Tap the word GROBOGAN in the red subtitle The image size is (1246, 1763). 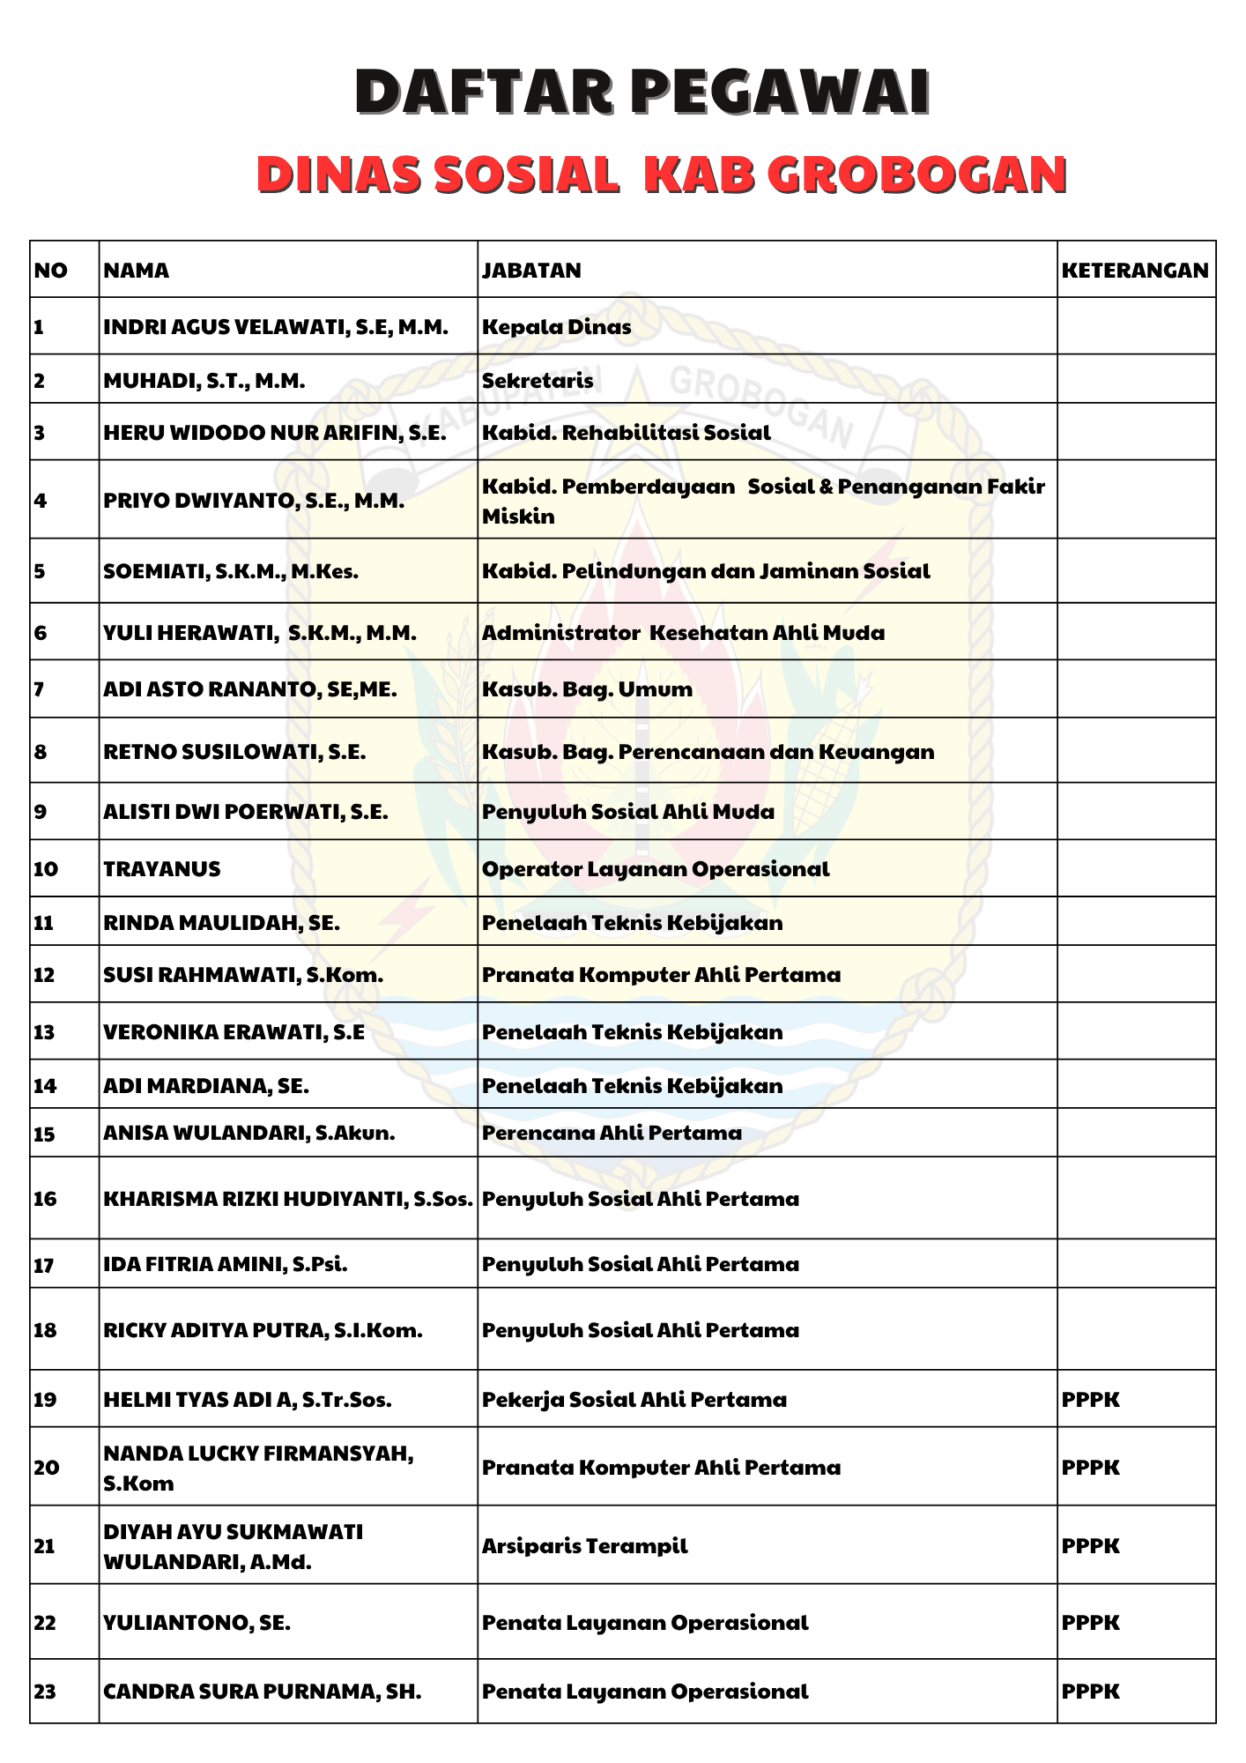coord(916,174)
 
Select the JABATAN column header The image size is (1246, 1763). coord(531,270)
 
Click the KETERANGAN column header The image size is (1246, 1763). coord(1135,270)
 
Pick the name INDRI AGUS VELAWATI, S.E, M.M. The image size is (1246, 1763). coord(276,327)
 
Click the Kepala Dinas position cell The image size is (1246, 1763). coord(557,327)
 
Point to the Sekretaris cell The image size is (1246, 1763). coord(538,381)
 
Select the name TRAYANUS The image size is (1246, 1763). coord(162,869)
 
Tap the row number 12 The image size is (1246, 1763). coord(44,975)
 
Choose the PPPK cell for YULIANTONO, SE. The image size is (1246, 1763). coord(1091,1623)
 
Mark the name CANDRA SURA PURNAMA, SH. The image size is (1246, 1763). coord(263,1692)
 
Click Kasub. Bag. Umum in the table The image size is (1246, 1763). coord(588,689)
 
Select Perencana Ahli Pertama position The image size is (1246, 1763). coord(612,1133)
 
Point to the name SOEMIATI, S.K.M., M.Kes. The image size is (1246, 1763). coord(231,571)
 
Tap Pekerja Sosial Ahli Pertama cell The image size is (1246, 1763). coord(634,1400)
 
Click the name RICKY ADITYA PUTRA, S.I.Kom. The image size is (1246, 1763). coord(263,1330)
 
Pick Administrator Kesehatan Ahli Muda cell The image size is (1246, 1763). coord(684,633)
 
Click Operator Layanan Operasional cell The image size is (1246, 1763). coord(656,869)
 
